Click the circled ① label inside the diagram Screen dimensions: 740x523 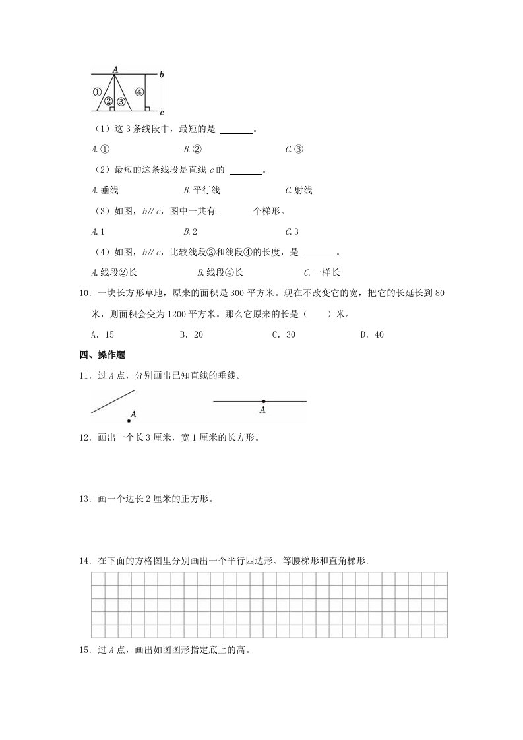(x=97, y=92)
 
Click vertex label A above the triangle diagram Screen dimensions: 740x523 (x=115, y=69)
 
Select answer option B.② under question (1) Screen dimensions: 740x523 (x=193, y=150)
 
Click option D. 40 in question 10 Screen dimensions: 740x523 (x=372, y=334)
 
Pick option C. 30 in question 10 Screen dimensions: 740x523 (x=284, y=334)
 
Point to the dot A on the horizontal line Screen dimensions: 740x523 (x=263, y=401)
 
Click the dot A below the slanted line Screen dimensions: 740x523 (x=129, y=421)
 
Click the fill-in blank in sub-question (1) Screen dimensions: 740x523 (x=236, y=130)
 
